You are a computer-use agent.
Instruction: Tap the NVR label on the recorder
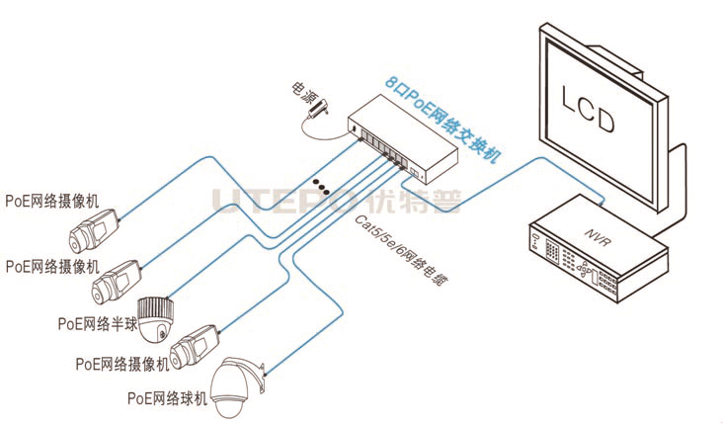(593, 238)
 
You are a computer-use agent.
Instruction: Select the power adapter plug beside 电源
(317, 114)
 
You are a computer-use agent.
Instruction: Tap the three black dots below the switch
(319, 184)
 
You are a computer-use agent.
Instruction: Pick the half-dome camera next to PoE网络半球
(155, 318)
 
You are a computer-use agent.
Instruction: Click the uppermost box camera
(95, 229)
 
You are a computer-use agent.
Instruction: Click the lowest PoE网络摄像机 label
(122, 363)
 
